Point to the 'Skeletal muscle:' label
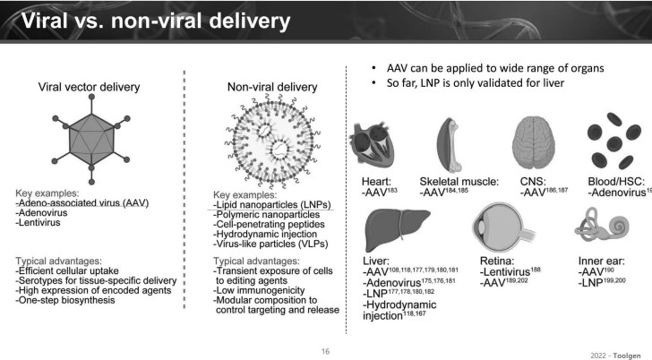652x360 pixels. [459, 182]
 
